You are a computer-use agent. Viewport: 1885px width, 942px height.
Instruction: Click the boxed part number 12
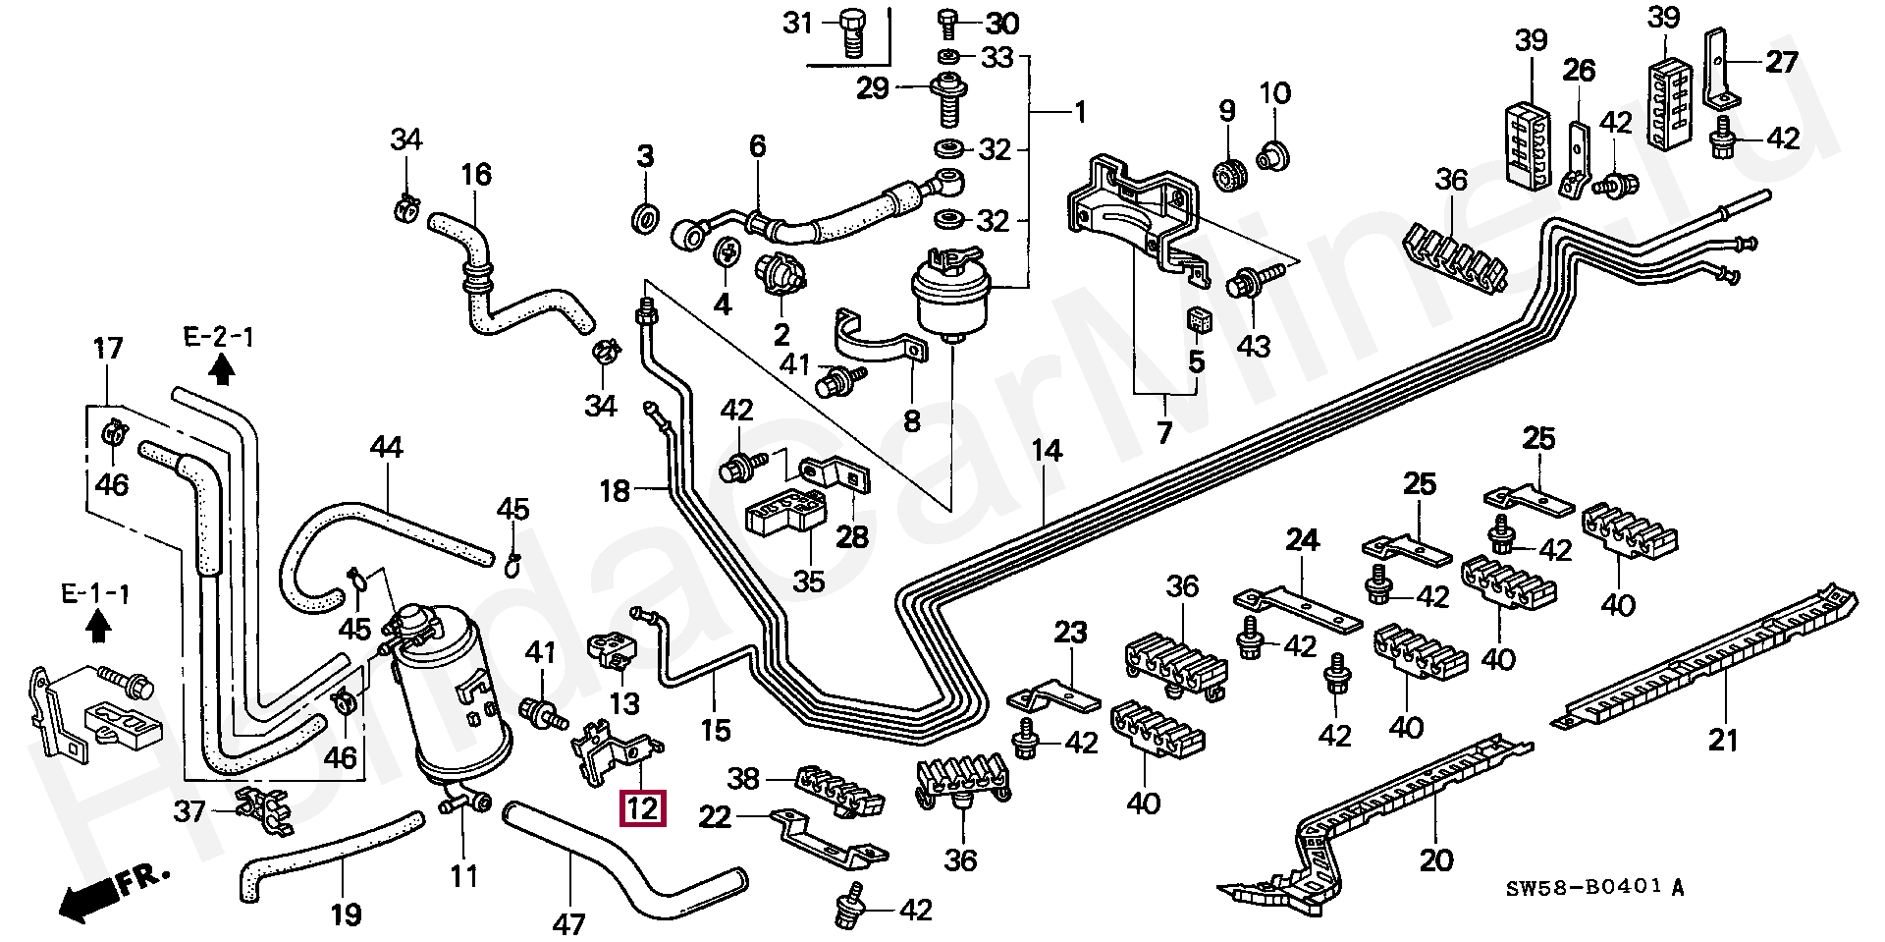tap(642, 808)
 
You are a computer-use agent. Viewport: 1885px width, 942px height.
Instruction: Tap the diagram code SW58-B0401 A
tap(1595, 888)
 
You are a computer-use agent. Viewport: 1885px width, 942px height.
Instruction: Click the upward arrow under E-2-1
tap(223, 368)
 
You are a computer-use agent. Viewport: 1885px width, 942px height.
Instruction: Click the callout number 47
tap(568, 923)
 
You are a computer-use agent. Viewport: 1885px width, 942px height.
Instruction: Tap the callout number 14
tap(1047, 451)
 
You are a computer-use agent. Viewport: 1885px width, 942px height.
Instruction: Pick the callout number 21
tap(1722, 739)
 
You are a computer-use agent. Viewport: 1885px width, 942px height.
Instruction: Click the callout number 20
tap(1435, 860)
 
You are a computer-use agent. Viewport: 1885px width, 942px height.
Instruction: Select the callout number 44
tap(387, 448)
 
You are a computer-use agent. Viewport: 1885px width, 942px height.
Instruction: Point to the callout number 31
tap(798, 22)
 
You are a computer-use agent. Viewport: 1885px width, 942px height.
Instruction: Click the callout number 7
tap(1164, 431)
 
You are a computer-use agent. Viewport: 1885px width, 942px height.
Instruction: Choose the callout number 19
tap(346, 914)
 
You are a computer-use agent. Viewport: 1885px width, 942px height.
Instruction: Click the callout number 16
tap(475, 175)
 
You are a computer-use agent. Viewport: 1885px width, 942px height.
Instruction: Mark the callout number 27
tap(1782, 62)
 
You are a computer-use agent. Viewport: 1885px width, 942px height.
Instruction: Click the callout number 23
tap(1070, 632)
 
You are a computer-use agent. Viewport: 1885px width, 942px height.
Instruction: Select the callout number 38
tap(743, 779)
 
